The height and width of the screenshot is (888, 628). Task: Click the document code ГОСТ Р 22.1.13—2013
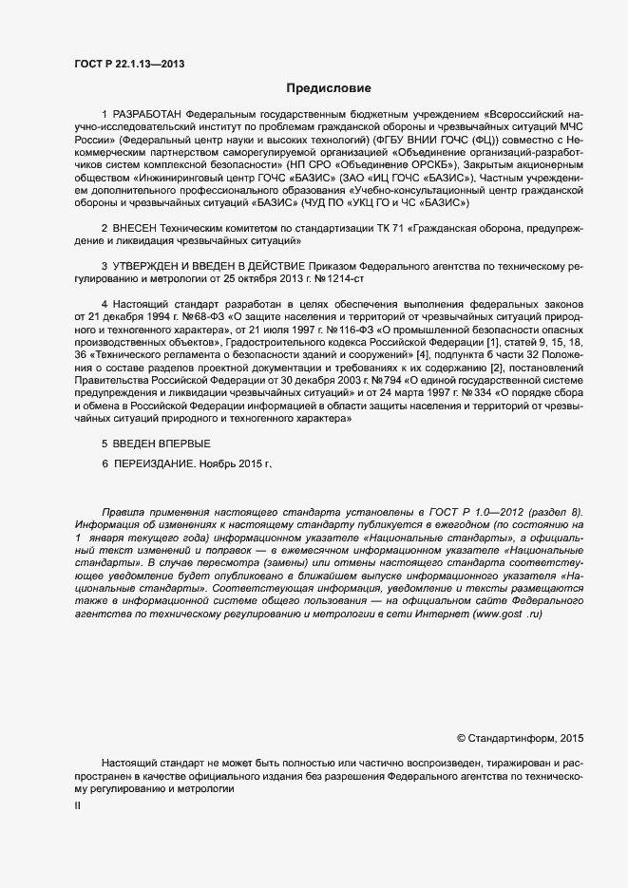click(x=128, y=64)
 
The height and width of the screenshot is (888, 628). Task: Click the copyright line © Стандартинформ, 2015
click(x=521, y=738)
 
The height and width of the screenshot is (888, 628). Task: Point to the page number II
click(x=77, y=805)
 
